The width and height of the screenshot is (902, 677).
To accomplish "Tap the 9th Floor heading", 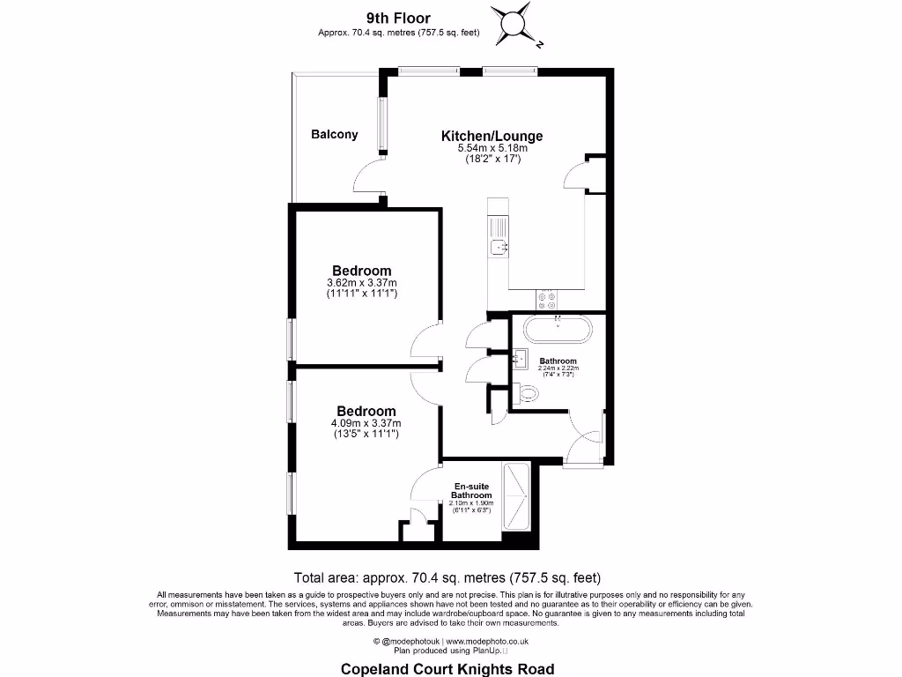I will (398, 18).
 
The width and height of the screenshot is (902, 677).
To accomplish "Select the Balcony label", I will (335, 135).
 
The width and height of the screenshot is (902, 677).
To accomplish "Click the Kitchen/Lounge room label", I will (492, 136).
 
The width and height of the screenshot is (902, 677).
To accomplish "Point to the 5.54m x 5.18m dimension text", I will (492, 149).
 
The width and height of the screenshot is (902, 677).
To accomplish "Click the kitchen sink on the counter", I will (499, 246).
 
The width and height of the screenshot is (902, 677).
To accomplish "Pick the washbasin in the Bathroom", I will (521, 358).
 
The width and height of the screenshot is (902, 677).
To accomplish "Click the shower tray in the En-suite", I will (516, 498).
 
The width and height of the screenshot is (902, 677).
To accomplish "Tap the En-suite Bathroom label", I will (473, 491).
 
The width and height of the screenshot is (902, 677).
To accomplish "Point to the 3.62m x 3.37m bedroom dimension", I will (361, 283).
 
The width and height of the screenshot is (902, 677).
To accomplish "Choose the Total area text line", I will (447, 578).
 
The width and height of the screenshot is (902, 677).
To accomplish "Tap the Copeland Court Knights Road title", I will (447, 669).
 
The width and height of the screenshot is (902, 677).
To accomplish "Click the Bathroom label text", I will (558, 361).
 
